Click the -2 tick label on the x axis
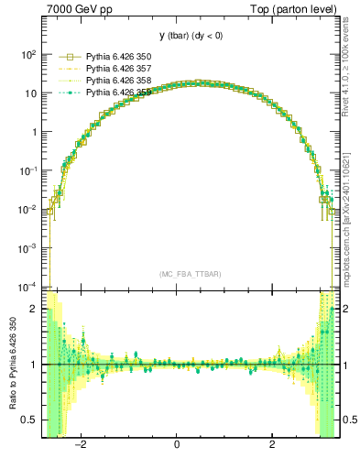click(x=81, y=445)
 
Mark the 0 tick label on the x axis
click(x=177, y=445)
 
